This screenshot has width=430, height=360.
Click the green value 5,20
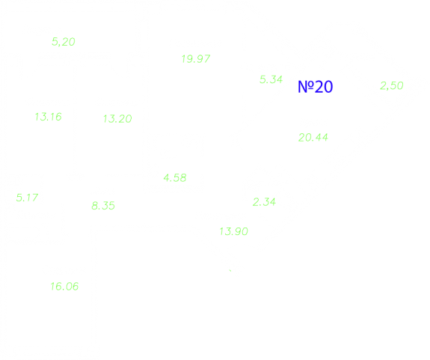(x=64, y=42)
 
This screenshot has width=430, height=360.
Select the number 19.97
(x=196, y=58)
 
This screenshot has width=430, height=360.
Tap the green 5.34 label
(x=271, y=79)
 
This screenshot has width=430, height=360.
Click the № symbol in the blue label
(x=306, y=87)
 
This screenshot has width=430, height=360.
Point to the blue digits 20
(x=324, y=87)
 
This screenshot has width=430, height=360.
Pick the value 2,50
(x=392, y=85)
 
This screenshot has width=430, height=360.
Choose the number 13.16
(x=49, y=117)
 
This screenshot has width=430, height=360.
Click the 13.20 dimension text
(x=117, y=119)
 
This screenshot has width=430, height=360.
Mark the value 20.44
(x=313, y=138)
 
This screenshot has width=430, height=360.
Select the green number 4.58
(x=175, y=178)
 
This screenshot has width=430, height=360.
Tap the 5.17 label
(x=27, y=198)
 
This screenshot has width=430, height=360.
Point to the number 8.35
(x=103, y=206)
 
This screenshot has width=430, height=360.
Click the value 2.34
(x=264, y=202)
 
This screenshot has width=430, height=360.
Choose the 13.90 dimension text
(x=233, y=231)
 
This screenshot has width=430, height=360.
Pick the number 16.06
(x=64, y=287)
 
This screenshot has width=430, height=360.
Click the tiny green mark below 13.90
(x=230, y=270)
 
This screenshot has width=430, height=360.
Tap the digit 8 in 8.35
(x=95, y=206)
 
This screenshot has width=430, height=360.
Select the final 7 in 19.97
(x=207, y=58)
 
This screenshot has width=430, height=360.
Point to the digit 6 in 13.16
(x=58, y=117)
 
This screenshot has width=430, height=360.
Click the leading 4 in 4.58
(x=167, y=178)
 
